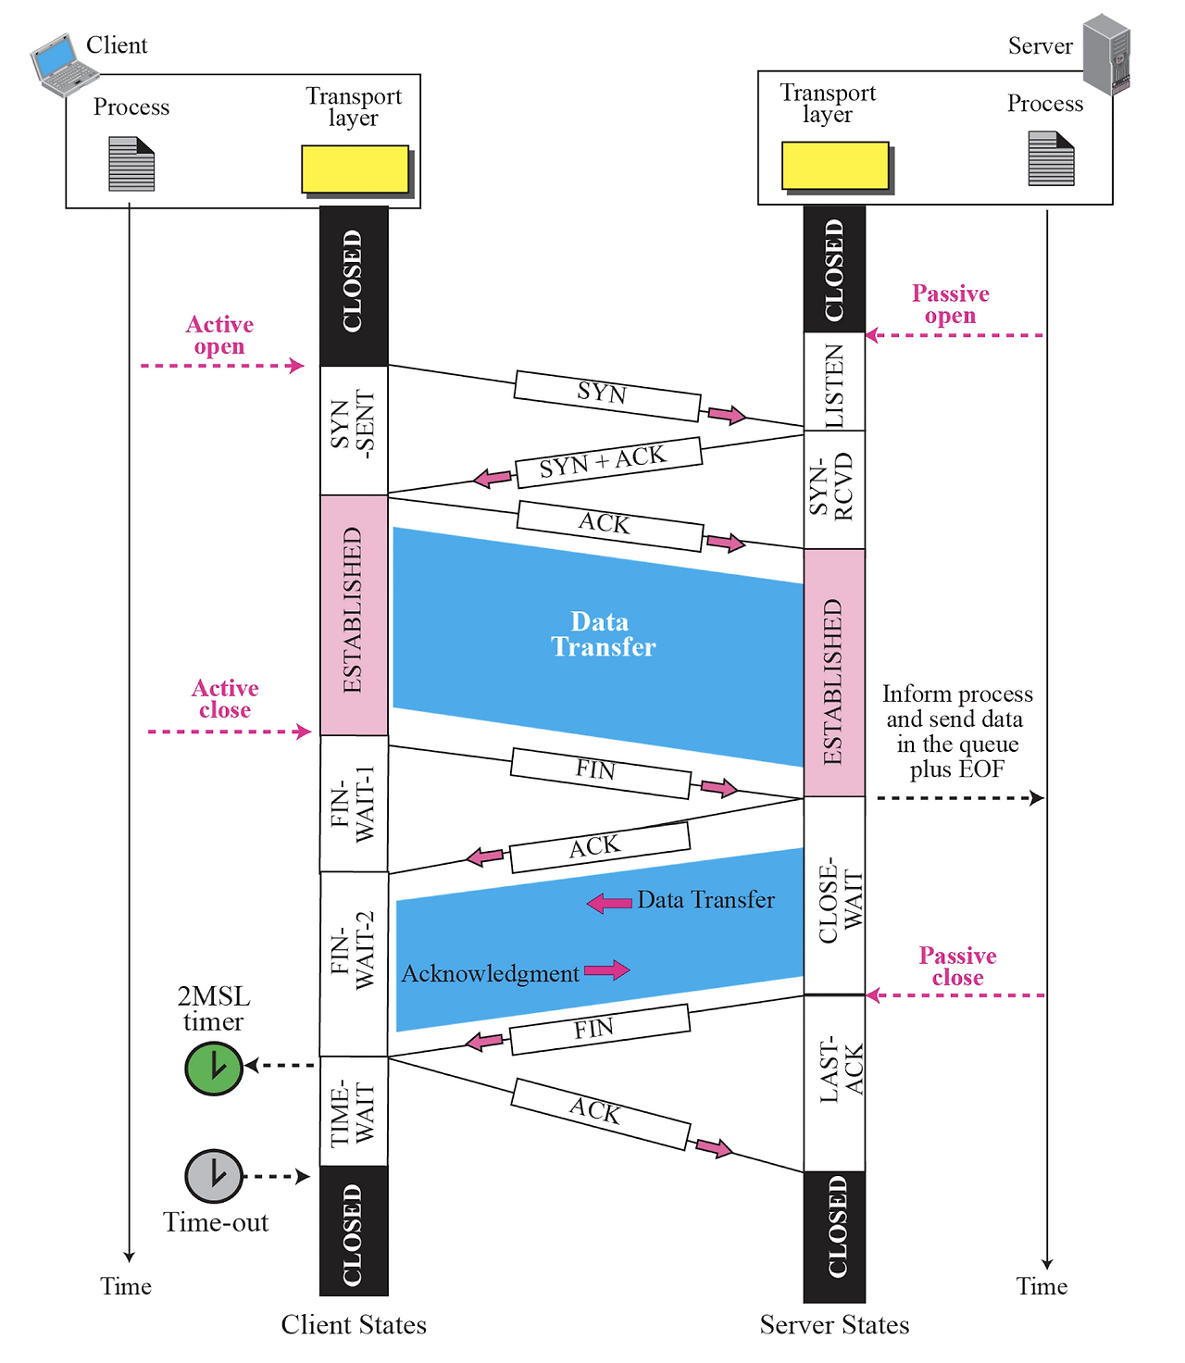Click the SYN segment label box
(606, 395)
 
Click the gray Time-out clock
(214, 1176)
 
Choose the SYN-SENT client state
(354, 430)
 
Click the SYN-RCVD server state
(834, 489)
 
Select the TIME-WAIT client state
(354, 1111)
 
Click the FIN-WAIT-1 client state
(354, 804)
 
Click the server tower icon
(1107, 54)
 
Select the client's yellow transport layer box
(355, 169)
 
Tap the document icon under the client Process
(131, 164)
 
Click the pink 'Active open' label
(219, 335)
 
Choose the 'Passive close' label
(957, 967)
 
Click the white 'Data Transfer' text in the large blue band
(602, 634)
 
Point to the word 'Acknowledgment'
(490, 974)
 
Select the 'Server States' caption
(834, 1325)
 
